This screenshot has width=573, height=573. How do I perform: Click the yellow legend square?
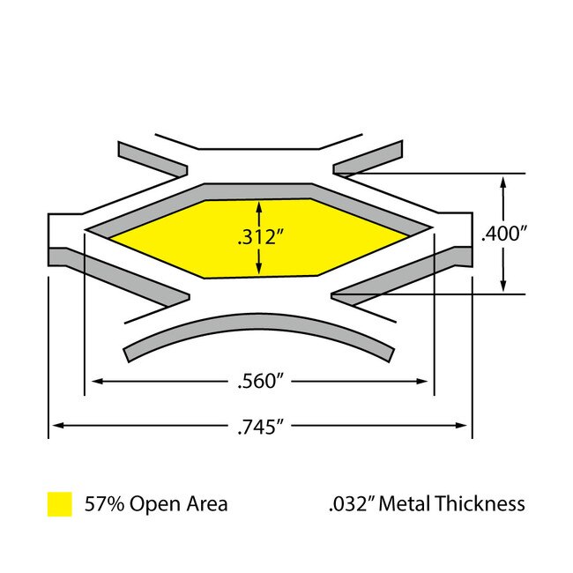(x=59, y=503)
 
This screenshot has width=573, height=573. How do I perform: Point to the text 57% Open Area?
(x=156, y=503)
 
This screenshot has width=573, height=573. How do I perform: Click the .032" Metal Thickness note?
(x=425, y=503)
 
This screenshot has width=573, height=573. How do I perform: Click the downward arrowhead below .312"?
(x=258, y=269)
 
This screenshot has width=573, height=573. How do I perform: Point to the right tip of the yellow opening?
(x=409, y=236)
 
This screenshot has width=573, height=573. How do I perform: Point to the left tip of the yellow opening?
(x=108, y=236)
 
